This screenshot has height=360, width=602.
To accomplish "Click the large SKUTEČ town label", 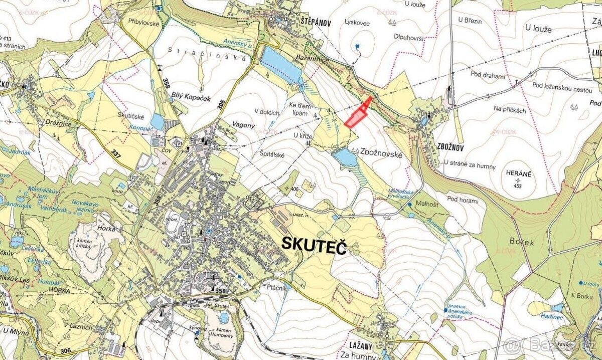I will (x=314, y=245).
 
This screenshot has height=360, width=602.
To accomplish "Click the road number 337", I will (x=116, y=152).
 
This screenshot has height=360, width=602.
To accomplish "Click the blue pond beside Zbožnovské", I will (x=345, y=157).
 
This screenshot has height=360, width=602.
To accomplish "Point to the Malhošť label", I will (x=426, y=205).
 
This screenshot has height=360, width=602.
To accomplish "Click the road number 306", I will (x=64, y=350).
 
